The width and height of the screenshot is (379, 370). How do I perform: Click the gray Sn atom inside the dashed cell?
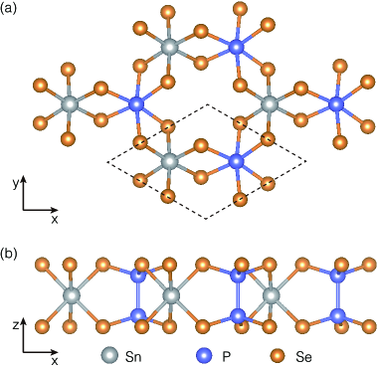point(170,160)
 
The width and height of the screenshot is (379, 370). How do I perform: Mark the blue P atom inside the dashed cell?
point(236,160)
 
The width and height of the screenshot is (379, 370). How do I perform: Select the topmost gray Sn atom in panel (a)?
point(170,47)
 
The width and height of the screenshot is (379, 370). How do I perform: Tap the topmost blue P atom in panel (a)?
point(236,46)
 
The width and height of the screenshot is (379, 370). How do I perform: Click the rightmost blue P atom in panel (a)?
point(335,103)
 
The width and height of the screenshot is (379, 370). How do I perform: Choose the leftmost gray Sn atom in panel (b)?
point(71,296)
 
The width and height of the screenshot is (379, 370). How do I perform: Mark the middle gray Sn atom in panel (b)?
point(170,296)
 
